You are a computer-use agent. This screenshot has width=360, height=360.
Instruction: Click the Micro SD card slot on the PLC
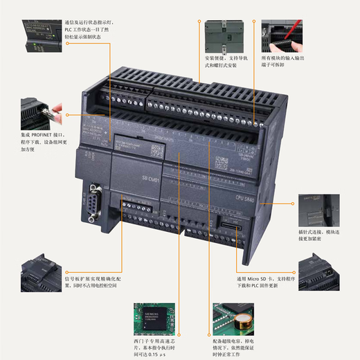(x=229, y=226)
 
